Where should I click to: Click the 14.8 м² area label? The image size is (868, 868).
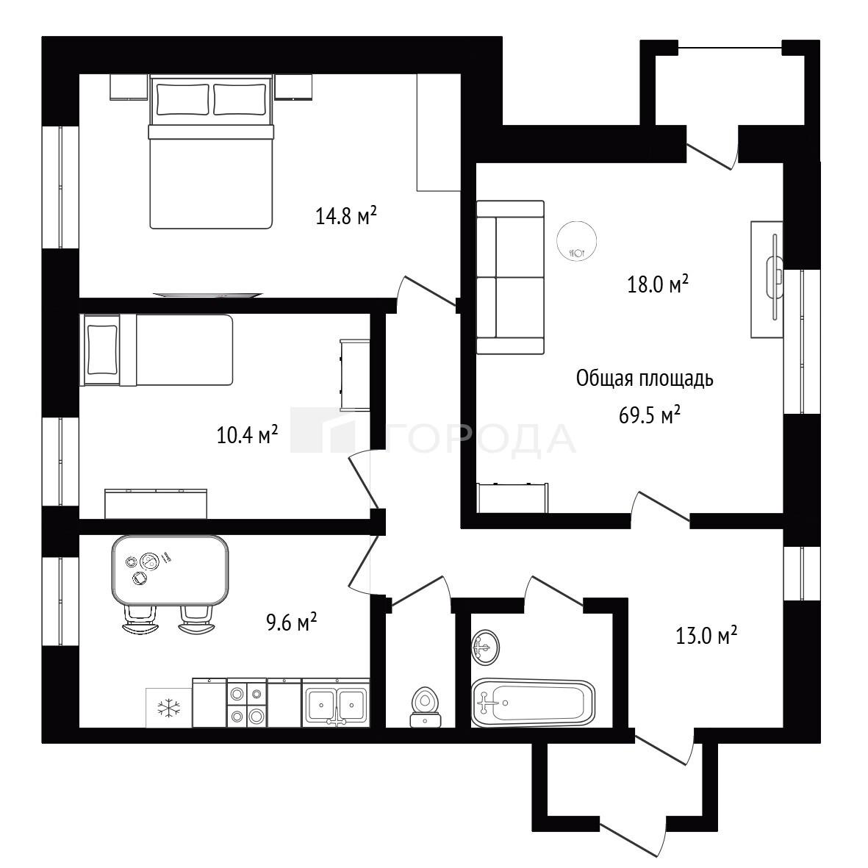tap(346, 215)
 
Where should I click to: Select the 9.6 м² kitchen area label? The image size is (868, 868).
tap(291, 623)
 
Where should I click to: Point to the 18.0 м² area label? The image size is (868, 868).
tap(658, 284)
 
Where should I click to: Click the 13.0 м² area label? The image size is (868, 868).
tap(706, 636)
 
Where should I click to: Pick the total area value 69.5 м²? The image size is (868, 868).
tap(649, 415)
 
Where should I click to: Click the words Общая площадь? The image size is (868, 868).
tap(645, 379)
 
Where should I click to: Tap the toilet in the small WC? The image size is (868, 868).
tap(425, 706)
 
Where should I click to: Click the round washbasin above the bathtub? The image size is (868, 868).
tap(486, 647)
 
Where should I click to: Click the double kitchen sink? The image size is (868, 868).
tap(335, 703)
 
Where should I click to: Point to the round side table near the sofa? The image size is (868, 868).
tap(577, 241)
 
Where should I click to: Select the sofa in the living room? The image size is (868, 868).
tap(510, 277)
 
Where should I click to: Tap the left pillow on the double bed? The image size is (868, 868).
tap(183, 99)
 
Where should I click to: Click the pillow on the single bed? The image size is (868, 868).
tap(102, 350)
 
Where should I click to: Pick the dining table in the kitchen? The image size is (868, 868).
tap(171, 570)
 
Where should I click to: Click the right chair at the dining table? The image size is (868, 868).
tap(196, 620)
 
